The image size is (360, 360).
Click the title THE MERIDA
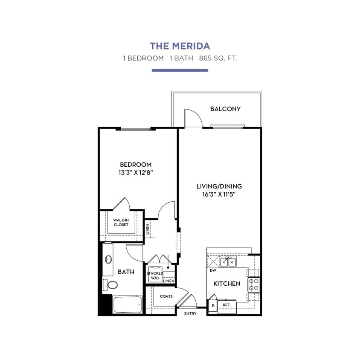[180, 46]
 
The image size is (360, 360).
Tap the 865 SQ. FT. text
[218, 58]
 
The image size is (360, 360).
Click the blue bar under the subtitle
[180, 70]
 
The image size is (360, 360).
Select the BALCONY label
[225, 109]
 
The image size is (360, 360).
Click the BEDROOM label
[135, 164]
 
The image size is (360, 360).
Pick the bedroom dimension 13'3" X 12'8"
[135, 173]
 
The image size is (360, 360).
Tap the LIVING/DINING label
[219, 186]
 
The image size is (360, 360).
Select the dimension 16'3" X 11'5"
[219, 195]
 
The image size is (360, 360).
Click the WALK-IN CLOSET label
[121, 222]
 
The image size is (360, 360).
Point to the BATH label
[126, 271]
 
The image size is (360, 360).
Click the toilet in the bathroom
[112, 285]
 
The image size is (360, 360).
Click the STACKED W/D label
[154, 276]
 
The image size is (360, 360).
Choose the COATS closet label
[166, 296]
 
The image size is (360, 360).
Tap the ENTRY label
[190, 314]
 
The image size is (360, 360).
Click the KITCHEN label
[226, 283]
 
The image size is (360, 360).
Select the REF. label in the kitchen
[226, 305]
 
